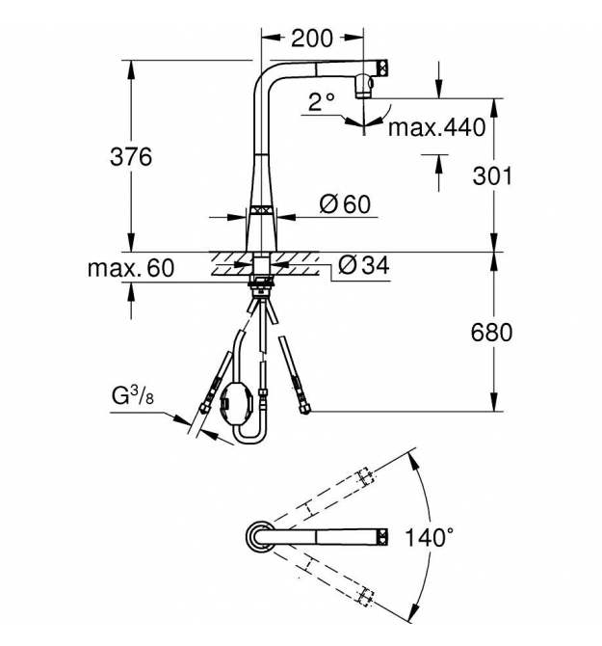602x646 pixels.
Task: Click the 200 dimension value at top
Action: pyautogui.click(x=311, y=39)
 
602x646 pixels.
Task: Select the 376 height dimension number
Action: pyautogui.click(x=131, y=157)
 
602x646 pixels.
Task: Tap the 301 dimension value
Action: pyautogui.click(x=492, y=175)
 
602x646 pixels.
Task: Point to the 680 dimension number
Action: pyautogui.click(x=492, y=333)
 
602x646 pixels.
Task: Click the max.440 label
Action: pyautogui.click(x=437, y=127)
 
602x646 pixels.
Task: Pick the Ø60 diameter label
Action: pyautogui.click(x=345, y=204)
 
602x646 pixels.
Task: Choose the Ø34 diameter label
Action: pyautogui.click(x=364, y=265)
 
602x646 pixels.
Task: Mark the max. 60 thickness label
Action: pyautogui.click(x=131, y=268)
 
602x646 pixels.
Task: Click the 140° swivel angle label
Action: pyautogui.click(x=430, y=537)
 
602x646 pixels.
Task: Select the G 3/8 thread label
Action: pyautogui.click(x=133, y=395)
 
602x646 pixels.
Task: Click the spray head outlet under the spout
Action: pyautogui.click(x=364, y=86)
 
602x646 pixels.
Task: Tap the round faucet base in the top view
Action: pyautogui.click(x=259, y=536)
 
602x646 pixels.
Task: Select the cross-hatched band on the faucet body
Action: pyautogui.click(x=261, y=210)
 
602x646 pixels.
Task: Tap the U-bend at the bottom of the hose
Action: pyautogui.click(x=249, y=438)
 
